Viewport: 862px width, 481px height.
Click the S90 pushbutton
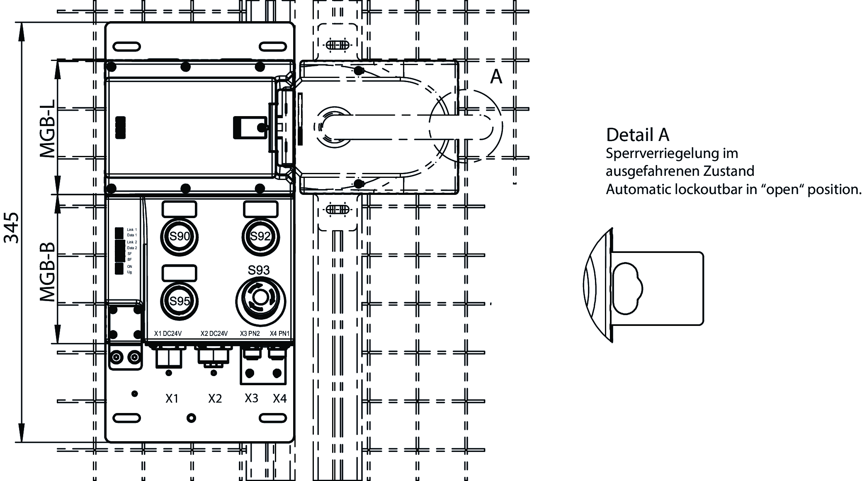pos(179,237)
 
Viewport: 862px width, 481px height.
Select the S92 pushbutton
pos(260,237)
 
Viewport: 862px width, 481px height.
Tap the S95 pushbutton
pos(179,301)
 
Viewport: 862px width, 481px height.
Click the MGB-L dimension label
pos(47,129)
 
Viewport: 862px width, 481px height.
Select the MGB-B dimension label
pos(47,272)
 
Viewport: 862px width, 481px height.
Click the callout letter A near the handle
pos(496,77)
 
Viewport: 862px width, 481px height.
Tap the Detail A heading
pos(637,135)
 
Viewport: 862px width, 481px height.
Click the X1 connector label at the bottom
pos(172,398)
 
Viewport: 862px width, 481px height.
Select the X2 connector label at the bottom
pos(215,398)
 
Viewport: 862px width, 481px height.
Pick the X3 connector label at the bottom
pos(251,398)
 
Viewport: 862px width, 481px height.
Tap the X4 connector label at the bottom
pos(280,398)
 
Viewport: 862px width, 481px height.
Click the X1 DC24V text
pos(168,333)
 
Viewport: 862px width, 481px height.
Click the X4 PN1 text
pos(279,333)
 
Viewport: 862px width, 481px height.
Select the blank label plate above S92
pos(260,209)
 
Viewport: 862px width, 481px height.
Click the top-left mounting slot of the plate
pos(126,46)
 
